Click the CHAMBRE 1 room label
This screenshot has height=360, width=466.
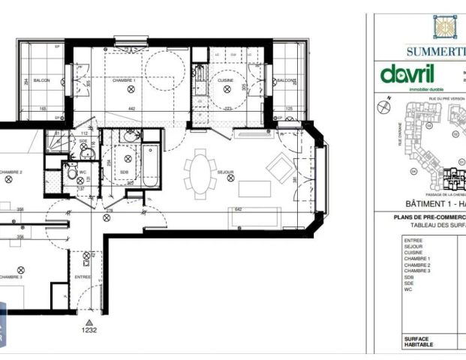pos(124,80)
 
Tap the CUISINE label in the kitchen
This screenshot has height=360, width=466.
pos(226,80)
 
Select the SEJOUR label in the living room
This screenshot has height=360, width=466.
pos(226,172)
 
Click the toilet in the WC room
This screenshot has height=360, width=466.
pos(71,173)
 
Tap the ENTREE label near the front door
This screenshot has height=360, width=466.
pos(83,277)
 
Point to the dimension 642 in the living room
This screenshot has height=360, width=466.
pos(239,209)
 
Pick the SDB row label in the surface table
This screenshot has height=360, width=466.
pos(408,276)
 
